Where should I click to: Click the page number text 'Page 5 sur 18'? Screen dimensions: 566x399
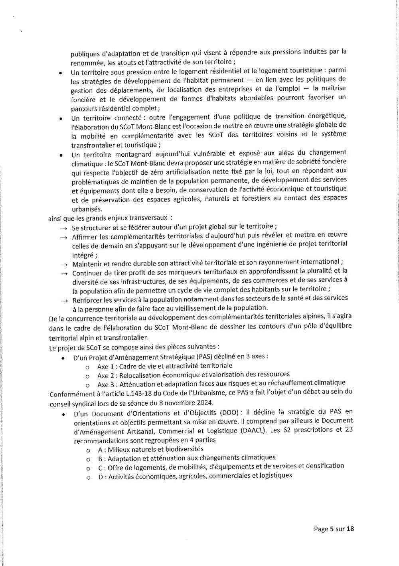click(334, 529)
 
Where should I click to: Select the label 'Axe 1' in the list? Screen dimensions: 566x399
click(105, 365)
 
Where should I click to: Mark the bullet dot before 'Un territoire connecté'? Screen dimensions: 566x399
click(60, 119)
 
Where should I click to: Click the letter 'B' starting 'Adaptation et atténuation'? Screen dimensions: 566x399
click(100, 458)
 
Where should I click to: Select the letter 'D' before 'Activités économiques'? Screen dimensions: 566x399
click(100, 476)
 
